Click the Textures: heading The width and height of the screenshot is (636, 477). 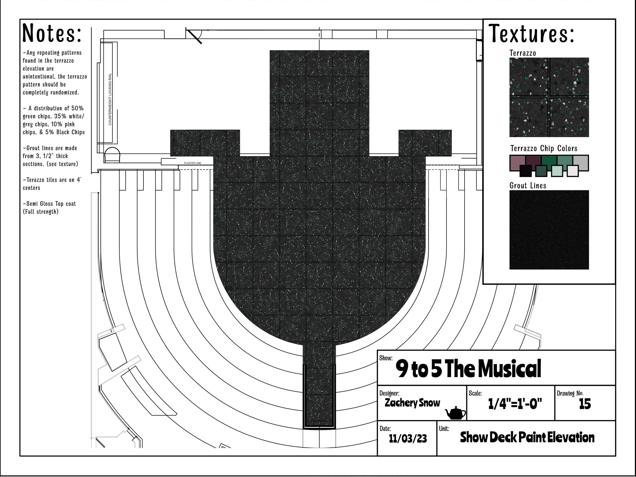531,33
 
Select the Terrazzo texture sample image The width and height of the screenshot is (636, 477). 549,97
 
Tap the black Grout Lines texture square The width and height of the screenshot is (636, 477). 549,230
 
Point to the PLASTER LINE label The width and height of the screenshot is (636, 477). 193,163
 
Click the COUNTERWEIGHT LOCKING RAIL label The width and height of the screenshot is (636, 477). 110,99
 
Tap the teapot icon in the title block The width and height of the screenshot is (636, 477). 455,413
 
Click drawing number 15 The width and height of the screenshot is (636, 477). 585,404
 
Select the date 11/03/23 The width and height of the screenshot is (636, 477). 408,439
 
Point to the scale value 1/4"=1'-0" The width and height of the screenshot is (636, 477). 515,404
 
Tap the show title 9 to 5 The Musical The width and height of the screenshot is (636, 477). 468,368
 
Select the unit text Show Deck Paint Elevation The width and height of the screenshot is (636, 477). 527,437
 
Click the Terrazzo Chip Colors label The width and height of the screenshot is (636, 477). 544,148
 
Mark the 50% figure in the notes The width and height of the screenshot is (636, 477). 77,108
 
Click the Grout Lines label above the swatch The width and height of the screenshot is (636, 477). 528,186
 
